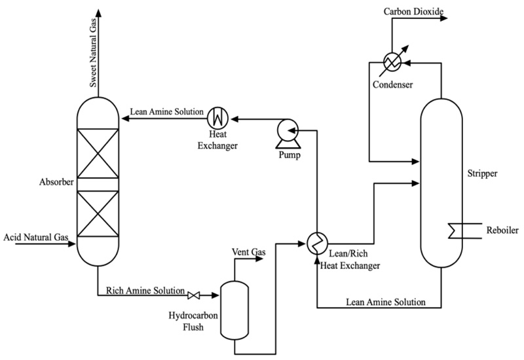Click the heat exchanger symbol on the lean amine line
217,118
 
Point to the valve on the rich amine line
194,295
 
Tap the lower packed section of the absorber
98,214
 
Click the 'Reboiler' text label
502,230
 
